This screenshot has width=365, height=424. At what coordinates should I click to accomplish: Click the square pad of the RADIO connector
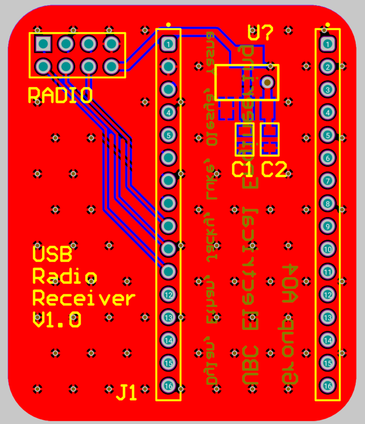[x=43, y=44]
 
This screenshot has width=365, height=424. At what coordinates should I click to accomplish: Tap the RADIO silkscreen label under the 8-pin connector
[x=60, y=95]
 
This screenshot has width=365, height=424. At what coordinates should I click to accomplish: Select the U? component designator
[x=260, y=33]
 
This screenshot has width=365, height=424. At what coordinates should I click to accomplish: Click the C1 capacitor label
[x=242, y=169]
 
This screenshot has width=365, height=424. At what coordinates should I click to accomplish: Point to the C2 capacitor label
[x=274, y=169]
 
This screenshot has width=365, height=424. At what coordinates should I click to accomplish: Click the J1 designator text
[x=126, y=392]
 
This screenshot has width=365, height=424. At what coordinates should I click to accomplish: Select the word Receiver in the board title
[x=84, y=298]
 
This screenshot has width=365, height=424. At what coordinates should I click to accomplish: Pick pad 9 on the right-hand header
[x=328, y=226]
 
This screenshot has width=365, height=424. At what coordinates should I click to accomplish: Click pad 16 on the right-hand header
[x=328, y=386]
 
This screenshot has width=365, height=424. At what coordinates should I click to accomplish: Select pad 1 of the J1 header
[x=168, y=44]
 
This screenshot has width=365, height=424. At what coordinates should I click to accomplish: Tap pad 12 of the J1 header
[x=168, y=295]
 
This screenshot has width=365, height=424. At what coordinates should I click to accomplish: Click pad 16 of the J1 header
[x=168, y=386]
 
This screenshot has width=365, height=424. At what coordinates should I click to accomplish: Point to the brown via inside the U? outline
[x=267, y=82]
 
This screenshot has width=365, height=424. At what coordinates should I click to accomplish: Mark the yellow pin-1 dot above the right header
[x=328, y=25]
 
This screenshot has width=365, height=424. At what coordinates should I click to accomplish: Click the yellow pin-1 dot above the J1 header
[x=168, y=25]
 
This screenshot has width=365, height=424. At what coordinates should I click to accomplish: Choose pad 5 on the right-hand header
[x=328, y=135]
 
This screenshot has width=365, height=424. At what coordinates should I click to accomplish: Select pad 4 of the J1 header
[x=168, y=112]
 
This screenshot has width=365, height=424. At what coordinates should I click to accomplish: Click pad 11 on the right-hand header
[x=328, y=272]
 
